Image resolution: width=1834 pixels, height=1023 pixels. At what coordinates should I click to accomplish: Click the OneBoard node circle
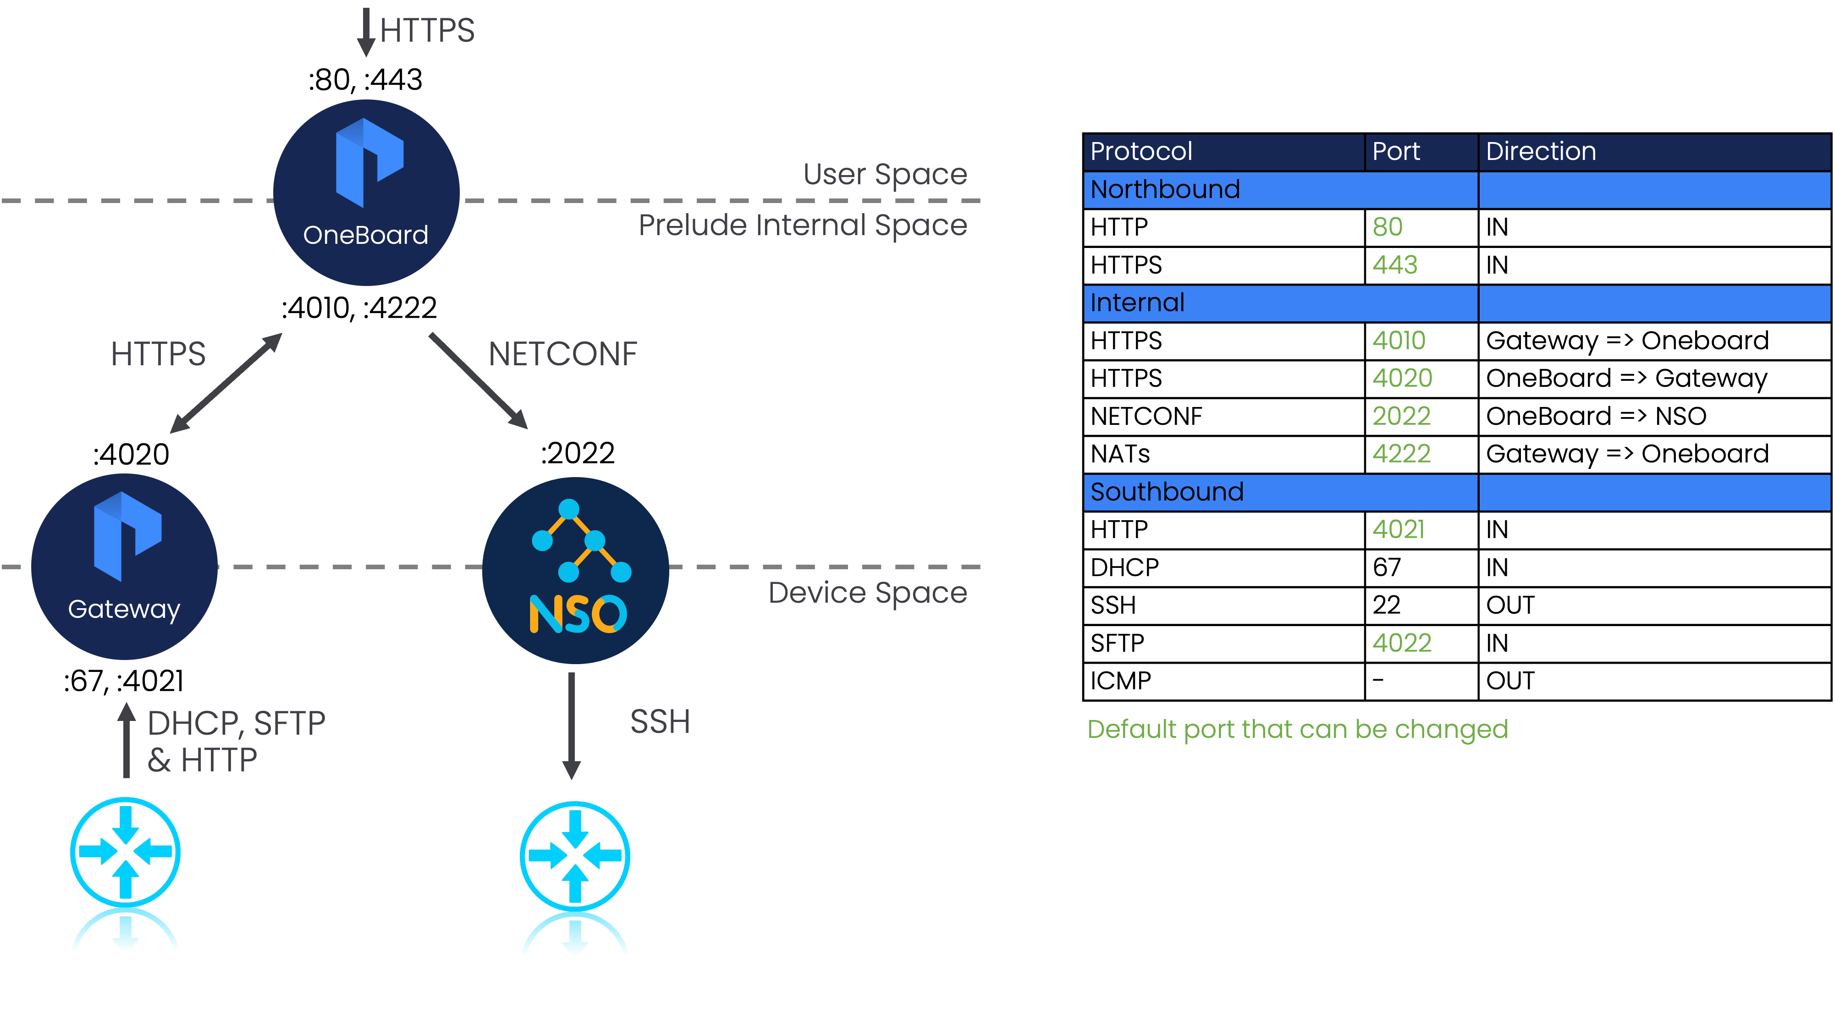(x=366, y=192)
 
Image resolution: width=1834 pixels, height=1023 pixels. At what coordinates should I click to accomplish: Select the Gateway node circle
(x=125, y=566)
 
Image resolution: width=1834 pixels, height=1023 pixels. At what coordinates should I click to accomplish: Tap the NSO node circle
(x=575, y=570)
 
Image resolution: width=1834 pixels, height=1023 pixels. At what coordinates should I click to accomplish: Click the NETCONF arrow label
(x=562, y=354)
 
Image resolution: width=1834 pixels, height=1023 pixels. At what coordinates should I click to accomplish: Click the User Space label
(x=885, y=175)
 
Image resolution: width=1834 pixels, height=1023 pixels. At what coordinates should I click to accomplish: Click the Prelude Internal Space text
(x=802, y=225)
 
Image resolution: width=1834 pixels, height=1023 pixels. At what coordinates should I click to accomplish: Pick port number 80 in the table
(x=1387, y=227)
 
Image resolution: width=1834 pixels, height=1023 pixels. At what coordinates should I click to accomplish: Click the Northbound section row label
(x=1165, y=189)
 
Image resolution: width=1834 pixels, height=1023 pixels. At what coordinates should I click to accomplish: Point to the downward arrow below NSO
(x=571, y=726)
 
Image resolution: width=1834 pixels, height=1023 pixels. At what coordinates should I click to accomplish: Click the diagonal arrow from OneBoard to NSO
(x=479, y=381)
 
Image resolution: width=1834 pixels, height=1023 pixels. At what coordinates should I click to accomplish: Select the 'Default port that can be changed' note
(x=1297, y=729)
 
